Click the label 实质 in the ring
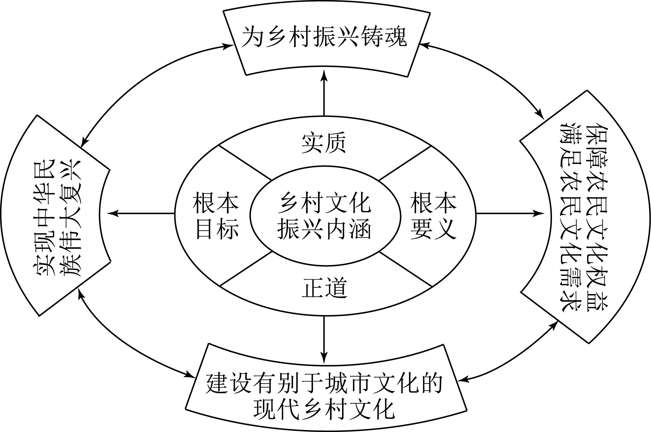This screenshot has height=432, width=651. [x=324, y=144]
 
